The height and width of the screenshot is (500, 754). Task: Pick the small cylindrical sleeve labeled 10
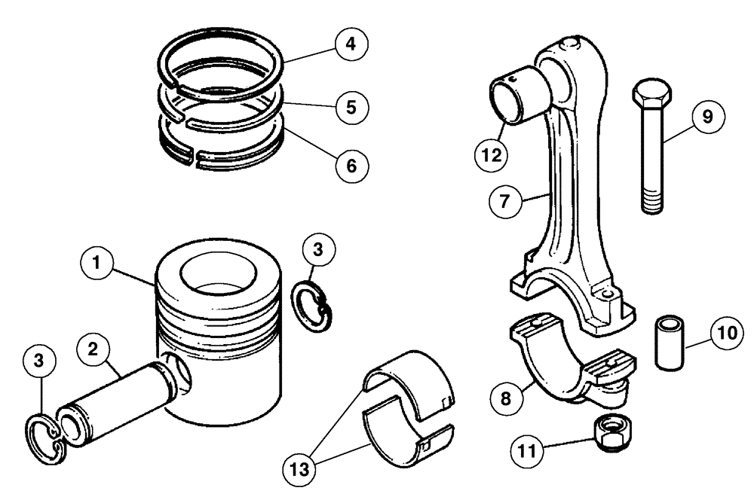coord(670,343)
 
